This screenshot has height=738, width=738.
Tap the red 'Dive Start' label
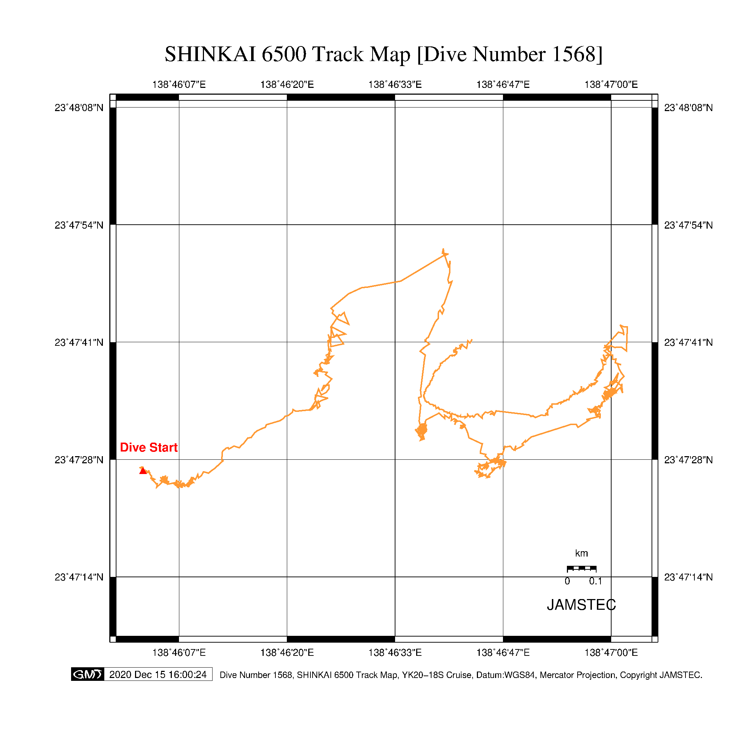149,447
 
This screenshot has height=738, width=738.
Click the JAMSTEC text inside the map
581,605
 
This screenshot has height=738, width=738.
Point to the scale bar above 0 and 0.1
582,568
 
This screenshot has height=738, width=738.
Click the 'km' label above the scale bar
582,553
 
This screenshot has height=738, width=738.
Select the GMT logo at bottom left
88,674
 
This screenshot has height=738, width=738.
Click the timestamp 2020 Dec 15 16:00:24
158,674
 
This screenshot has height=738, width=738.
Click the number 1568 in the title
573,54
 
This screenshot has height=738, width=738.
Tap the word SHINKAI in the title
210,54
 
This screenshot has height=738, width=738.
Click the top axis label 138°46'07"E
179,84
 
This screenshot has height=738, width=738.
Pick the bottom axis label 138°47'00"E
611,652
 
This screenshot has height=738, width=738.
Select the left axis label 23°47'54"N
79,225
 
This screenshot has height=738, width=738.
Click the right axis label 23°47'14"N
688,577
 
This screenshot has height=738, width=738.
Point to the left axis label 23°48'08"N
79,108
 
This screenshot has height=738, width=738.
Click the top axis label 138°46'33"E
395,84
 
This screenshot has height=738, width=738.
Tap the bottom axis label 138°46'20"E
287,652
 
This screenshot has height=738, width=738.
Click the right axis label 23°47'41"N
688,342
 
